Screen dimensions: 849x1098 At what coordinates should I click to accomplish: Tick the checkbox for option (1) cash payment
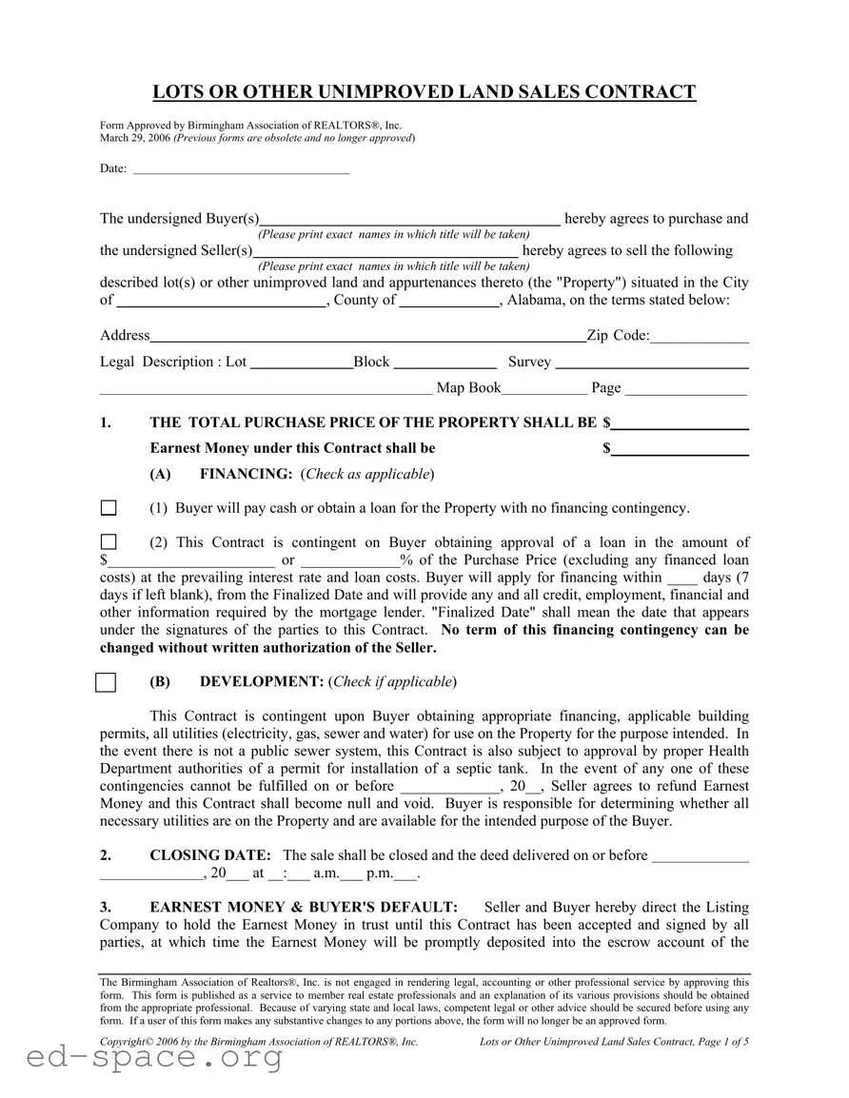[109, 508]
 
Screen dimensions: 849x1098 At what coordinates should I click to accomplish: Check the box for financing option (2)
[109, 542]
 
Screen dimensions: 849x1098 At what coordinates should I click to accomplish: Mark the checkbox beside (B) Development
[107, 682]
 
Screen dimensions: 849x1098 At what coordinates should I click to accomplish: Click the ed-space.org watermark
[142, 1058]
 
